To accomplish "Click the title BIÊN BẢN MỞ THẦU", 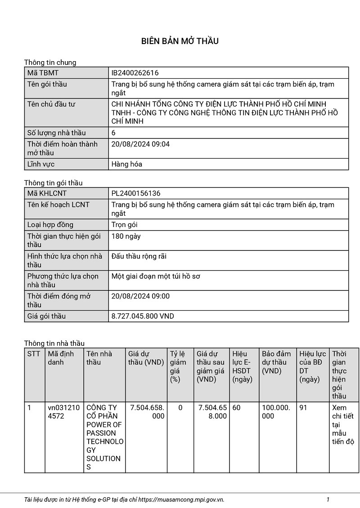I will tap(180, 41).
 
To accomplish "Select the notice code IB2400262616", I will tap(135, 73).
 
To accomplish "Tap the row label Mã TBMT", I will tap(43, 73).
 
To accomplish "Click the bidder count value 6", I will tap(113, 133).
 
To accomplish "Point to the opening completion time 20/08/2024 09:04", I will tap(140, 144).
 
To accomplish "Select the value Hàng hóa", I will tap(126, 164).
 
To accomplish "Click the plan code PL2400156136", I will tap(136, 193).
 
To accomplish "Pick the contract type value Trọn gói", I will tap(124, 225).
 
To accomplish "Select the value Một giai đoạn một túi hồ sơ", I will tap(156, 276).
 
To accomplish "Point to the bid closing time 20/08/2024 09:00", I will tap(140, 296).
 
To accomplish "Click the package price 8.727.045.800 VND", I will tap(143, 316).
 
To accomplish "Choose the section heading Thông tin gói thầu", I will tap(53, 183).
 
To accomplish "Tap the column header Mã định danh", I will tap(61, 358).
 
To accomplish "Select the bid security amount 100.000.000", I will tap(276, 412).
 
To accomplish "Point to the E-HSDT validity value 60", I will tap(236, 408).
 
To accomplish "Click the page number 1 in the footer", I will tap(328, 499).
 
